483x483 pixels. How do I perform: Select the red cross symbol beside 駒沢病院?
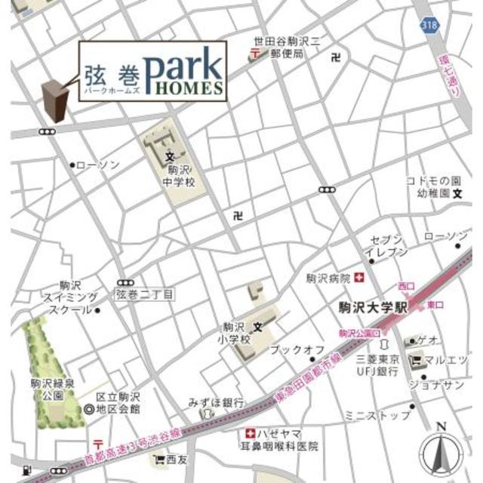tap(360, 278)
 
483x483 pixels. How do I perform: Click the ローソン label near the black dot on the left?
tap(98, 165)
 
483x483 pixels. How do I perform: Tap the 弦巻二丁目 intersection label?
tap(145, 291)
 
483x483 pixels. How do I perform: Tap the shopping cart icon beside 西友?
tap(159, 458)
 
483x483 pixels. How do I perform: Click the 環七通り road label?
tap(452, 80)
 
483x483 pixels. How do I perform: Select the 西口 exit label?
tap(406, 286)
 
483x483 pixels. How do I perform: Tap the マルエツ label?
tap(445, 359)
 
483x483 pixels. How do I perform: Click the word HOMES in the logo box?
tap(190, 87)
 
